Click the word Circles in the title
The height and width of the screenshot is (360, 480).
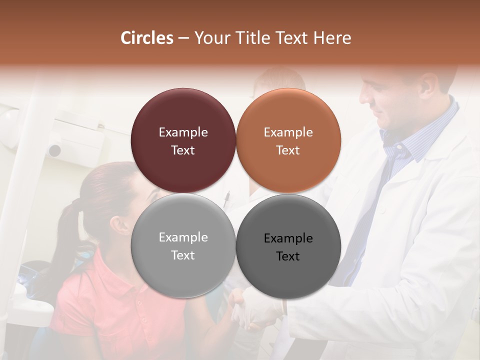tap(147, 38)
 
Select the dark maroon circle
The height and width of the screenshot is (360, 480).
tap(183, 140)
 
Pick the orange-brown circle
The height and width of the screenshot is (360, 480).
tap(288, 140)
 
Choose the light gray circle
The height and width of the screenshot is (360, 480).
tap(183, 245)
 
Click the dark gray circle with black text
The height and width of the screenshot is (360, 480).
tap(288, 246)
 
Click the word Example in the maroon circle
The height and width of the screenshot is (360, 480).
tap(183, 132)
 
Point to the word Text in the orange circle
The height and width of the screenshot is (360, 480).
tap(288, 150)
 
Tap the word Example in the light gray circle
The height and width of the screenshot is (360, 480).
tap(183, 237)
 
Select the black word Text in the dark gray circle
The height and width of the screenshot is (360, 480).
tap(288, 256)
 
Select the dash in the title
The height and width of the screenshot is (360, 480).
tap(183, 38)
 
